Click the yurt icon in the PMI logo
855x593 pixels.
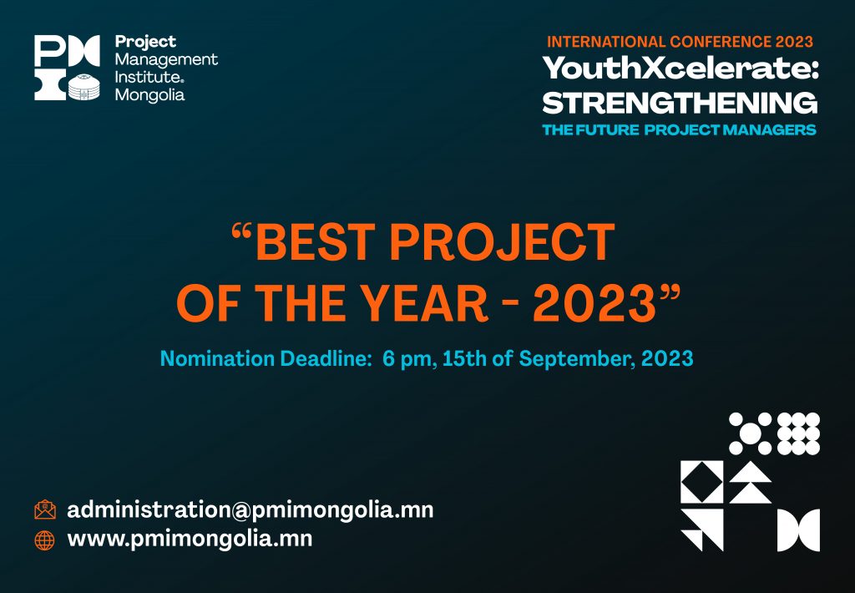pos(84,86)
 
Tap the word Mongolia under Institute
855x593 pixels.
pos(150,95)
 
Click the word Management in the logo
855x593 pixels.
pos(166,59)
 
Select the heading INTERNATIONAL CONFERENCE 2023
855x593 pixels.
pos(680,42)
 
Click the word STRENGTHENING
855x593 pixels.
pos(680,103)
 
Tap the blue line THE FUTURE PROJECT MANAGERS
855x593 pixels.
pos(680,129)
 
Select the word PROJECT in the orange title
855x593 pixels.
pos(502,241)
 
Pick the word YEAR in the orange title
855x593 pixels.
pos(425,303)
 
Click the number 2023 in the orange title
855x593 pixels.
pos(594,303)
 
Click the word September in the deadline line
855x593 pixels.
pos(577,359)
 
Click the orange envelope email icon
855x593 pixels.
pos(45,509)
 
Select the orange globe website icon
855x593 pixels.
pos(45,540)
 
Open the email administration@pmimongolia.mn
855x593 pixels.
pos(250,510)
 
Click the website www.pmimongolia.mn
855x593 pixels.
pos(190,539)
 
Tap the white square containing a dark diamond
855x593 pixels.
pos(701,482)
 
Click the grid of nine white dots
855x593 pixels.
pos(798,433)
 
